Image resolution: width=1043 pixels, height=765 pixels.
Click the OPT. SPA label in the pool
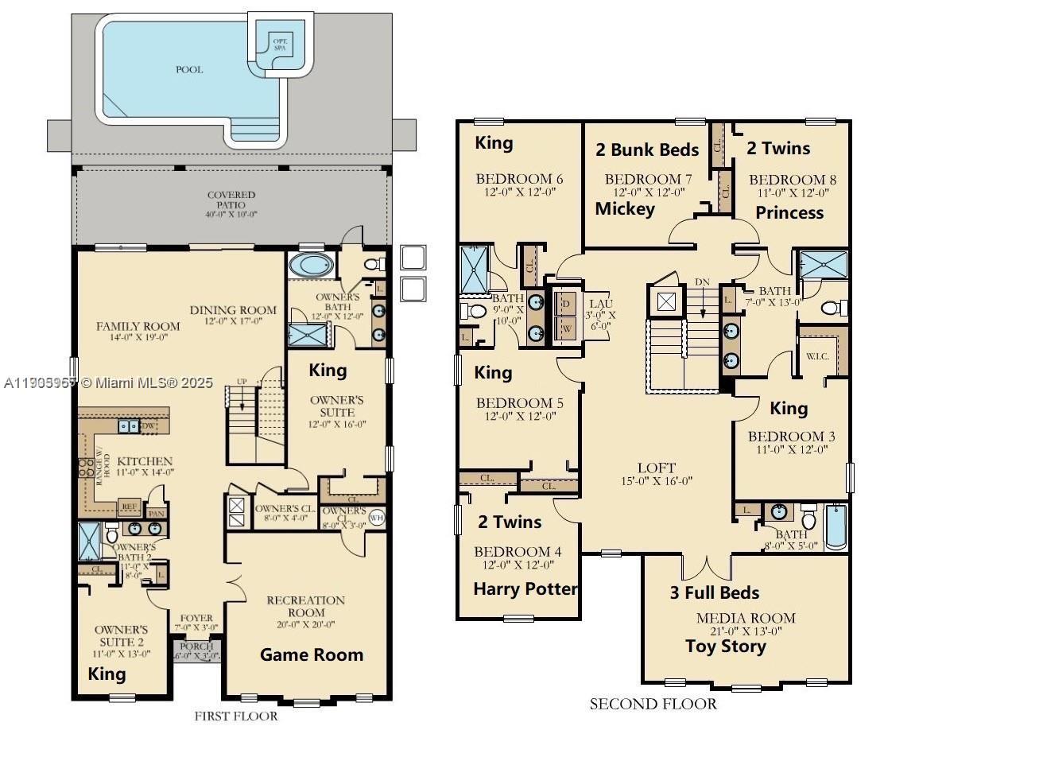click(279, 44)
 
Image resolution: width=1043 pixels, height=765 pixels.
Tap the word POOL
click(189, 69)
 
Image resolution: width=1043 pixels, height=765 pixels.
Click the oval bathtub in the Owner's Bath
click(306, 265)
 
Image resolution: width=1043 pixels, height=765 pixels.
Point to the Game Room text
click(312, 654)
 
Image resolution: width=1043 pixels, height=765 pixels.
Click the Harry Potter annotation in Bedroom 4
click(525, 588)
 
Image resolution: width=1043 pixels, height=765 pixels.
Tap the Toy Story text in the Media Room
click(726, 646)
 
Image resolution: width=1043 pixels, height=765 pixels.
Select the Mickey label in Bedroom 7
click(625, 208)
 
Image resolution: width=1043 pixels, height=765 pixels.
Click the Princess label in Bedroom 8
click(789, 212)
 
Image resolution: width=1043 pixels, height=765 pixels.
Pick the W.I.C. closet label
click(817, 356)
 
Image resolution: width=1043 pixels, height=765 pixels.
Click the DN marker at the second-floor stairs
click(702, 282)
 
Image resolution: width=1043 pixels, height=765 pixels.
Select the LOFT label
click(657, 468)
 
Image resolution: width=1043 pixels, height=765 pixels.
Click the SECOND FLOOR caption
click(653, 704)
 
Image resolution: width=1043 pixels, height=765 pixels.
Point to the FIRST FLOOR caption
click(236, 716)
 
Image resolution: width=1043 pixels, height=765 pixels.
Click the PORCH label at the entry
click(196, 647)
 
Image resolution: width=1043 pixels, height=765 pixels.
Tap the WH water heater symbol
click(376, 518)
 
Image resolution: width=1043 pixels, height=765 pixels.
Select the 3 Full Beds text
click(714, 592)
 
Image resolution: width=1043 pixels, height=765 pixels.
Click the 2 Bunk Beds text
click(647, 150)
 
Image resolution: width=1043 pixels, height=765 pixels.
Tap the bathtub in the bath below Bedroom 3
click(835, 526)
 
